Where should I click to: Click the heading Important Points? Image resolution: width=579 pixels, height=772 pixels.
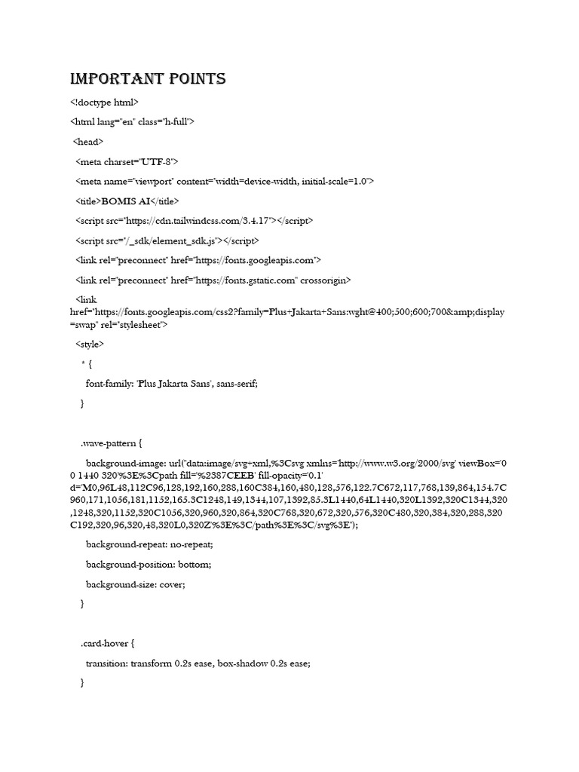tap(148, 79)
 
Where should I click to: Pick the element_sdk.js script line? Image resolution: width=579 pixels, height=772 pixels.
tap(167, 240)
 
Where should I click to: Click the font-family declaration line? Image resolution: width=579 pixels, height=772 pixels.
tap(171, 384)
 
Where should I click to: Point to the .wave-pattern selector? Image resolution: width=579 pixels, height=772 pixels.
tap(110, 443)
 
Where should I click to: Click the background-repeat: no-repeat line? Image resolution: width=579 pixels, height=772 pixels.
tap(149, 544)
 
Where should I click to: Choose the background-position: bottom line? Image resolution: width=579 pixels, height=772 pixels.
tap(149, 564)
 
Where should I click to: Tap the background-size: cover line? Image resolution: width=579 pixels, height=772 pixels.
tap(135, 584)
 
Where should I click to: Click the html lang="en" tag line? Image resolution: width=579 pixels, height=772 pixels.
tap(133, 121)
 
